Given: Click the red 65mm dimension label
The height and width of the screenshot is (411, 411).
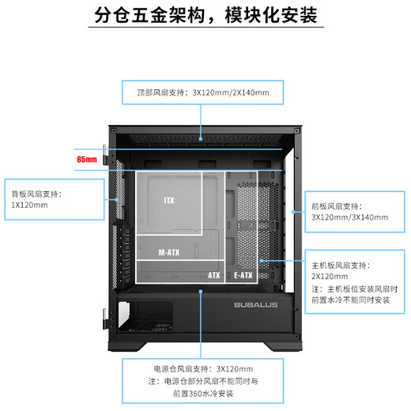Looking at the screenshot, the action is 87,160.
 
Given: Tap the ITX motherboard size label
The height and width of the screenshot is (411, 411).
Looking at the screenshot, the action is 169,201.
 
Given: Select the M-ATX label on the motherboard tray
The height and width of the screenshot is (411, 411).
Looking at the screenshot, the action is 169,252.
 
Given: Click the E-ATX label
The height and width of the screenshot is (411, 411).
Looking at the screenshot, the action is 243,275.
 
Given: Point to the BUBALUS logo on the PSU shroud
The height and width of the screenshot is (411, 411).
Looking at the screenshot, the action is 255,305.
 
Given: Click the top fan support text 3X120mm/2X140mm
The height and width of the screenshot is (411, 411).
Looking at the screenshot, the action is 231,92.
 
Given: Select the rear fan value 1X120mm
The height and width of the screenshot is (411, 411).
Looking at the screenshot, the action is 29,205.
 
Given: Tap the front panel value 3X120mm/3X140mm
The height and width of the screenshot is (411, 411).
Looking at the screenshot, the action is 349,217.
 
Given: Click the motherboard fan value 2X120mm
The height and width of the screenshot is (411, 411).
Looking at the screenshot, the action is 330,277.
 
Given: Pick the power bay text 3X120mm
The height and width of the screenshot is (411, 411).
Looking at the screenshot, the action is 235,369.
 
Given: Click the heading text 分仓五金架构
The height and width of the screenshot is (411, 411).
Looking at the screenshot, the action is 149,15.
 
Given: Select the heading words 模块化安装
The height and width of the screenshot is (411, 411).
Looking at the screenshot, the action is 271,15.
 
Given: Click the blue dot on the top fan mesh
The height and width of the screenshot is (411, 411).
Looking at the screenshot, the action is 201,138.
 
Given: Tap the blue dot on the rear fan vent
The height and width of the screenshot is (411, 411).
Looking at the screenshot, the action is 117,199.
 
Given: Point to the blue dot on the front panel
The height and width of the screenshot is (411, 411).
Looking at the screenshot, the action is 293,212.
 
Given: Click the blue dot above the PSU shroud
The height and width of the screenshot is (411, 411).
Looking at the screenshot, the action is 201,292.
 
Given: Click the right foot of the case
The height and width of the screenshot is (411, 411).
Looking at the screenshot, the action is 283,346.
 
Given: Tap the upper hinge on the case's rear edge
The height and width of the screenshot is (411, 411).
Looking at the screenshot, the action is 104,155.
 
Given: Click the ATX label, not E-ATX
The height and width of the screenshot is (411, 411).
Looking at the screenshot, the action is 213,275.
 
